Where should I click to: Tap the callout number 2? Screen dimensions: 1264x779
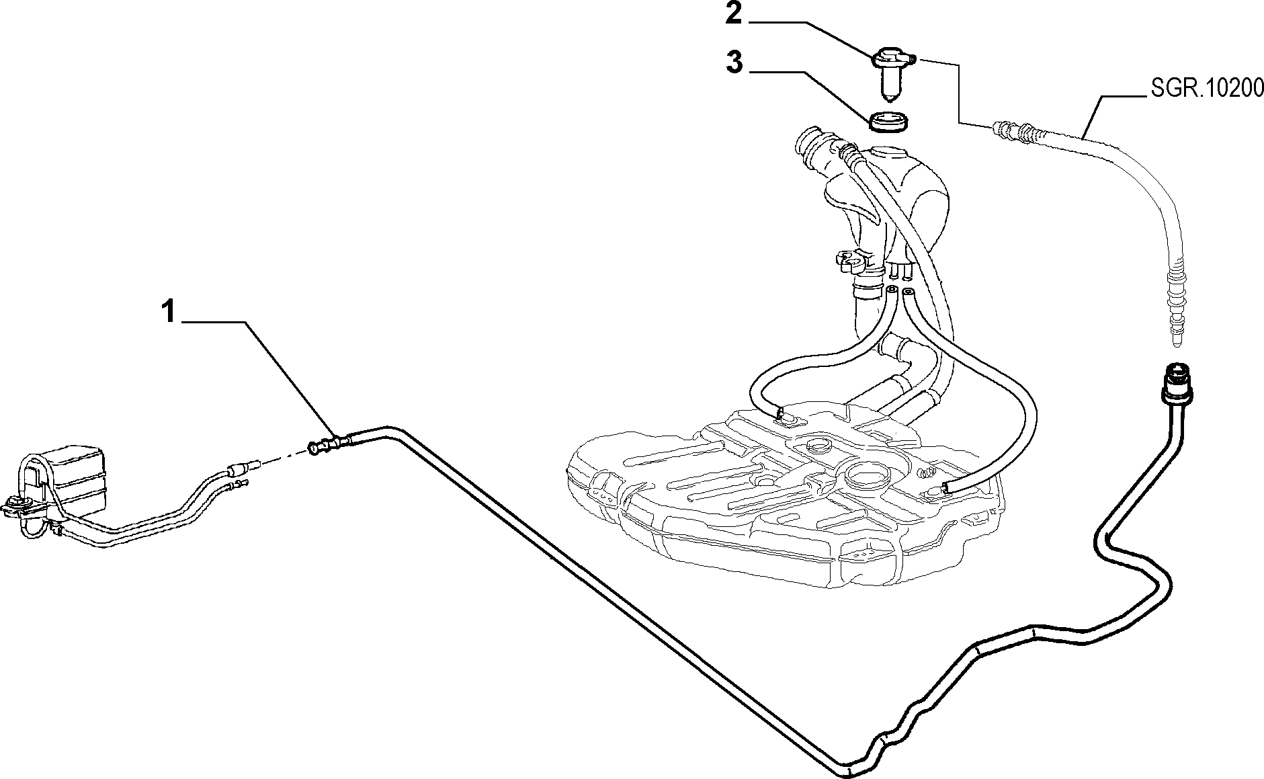click(733, 13)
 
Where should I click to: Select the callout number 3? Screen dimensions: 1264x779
click(734, 63)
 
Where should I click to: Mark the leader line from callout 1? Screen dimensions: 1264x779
click(259, 378)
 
